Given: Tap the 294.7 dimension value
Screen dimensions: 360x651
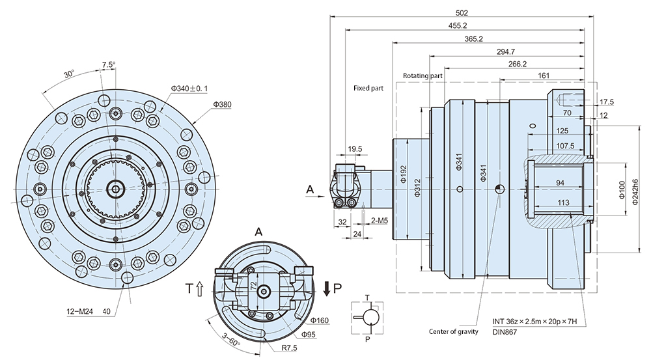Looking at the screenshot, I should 515,52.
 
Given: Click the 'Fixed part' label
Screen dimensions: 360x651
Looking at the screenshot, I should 369,87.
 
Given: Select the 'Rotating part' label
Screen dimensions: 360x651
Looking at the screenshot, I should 422,76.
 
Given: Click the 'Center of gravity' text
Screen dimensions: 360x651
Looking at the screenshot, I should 453,331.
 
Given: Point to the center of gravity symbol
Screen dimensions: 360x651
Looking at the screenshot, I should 499,189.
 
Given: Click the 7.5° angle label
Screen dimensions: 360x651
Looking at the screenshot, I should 108,64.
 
